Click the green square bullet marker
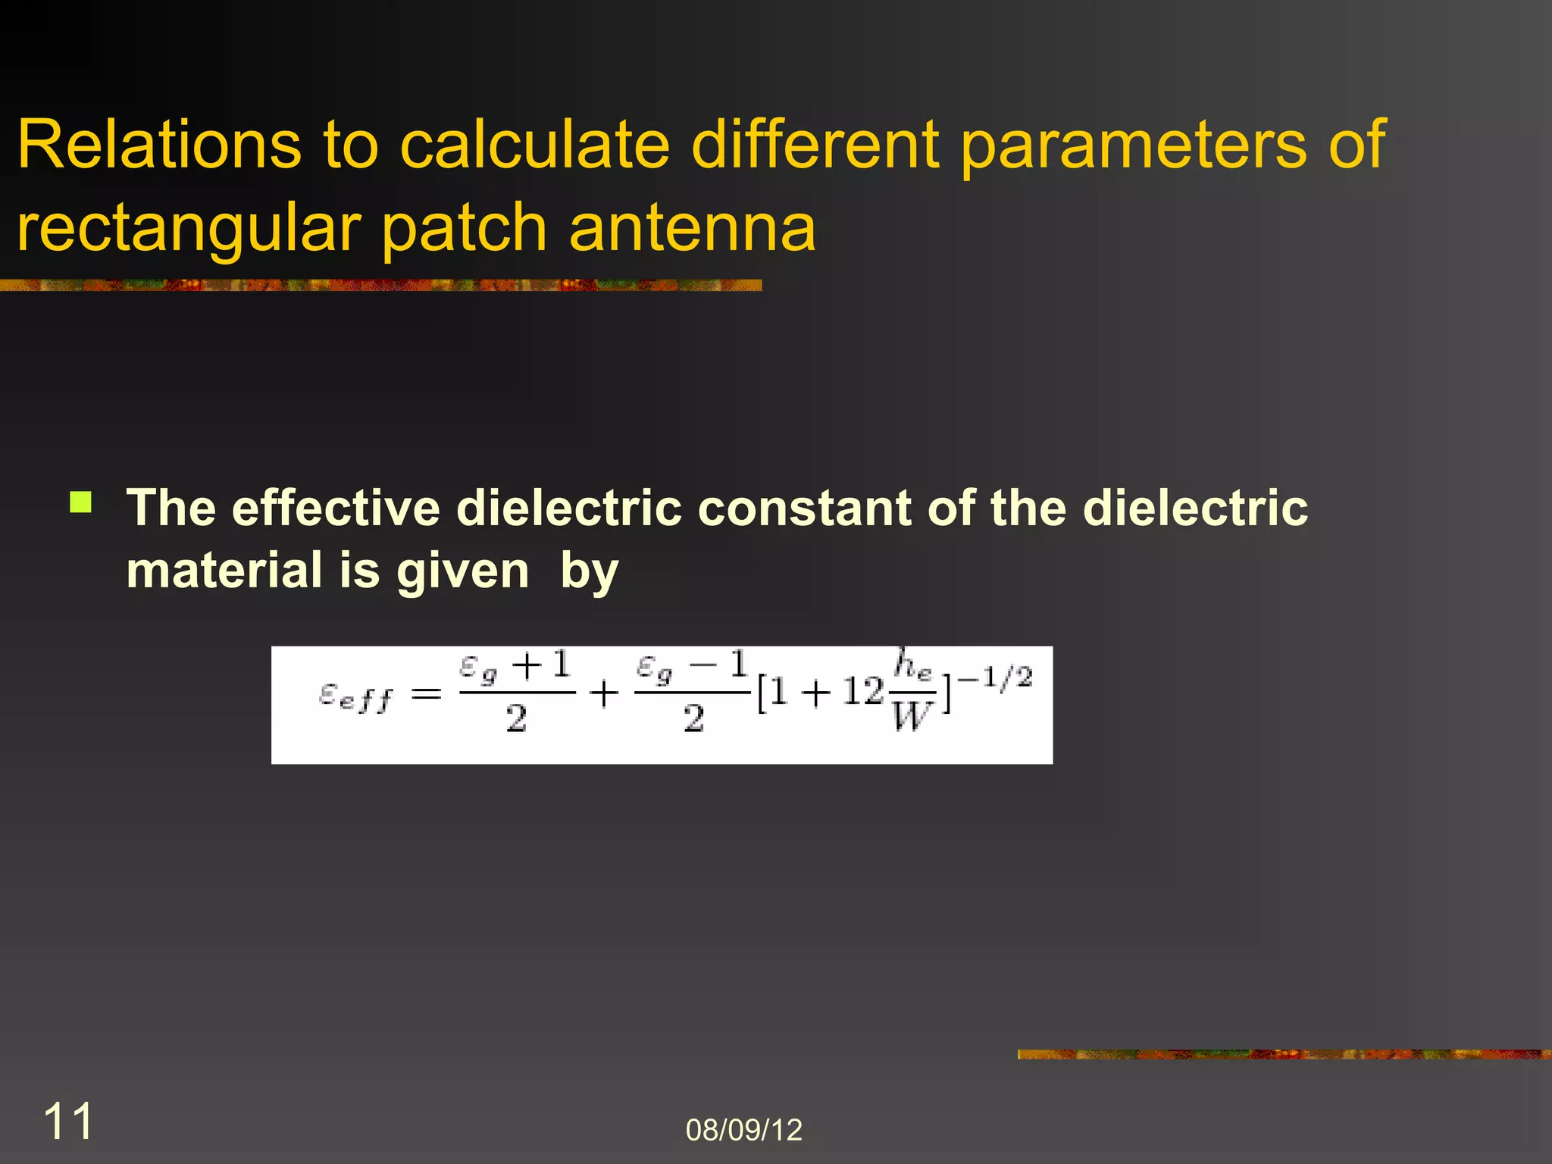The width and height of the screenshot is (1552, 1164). click(80, 502)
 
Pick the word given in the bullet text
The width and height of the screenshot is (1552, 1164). click(462, 571)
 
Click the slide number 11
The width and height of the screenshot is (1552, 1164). click(68, 1121)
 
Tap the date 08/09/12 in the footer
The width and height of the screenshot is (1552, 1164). click(743, 1130)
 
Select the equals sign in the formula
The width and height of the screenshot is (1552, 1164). click(426, 693)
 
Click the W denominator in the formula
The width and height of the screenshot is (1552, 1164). click(911, 716)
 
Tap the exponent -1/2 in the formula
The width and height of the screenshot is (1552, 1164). click(994, 677)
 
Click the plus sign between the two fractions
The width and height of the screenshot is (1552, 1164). click(604, 693)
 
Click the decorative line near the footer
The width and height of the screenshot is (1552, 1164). click(1284, 1054)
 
